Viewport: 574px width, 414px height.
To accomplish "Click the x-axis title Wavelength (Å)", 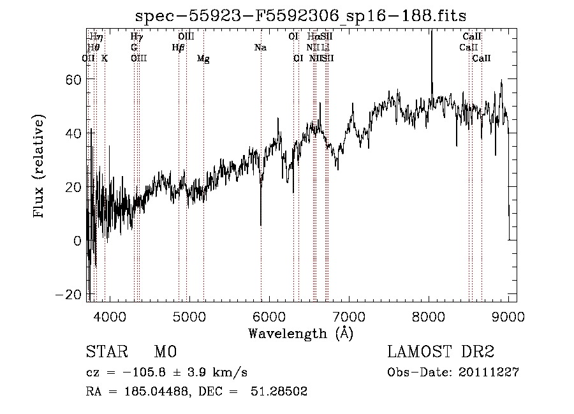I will coord(300,333).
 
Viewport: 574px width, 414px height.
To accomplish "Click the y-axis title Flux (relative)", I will coord(40,167).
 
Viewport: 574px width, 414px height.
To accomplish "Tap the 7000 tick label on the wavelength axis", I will coord(348,317).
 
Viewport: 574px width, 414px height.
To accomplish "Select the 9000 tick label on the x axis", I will coord(508,317).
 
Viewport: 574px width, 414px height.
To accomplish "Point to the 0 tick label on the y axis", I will coord(77,241).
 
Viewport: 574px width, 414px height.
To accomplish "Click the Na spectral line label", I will coord(260,48).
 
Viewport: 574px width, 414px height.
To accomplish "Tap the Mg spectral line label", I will coord(203,59).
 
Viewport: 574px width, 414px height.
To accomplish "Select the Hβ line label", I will coord(178,48).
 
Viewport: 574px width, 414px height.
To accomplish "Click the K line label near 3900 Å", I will coord(105,59).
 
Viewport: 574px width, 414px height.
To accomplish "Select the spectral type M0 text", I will coord(165,351).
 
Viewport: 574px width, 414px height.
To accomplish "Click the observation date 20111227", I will coord(489,373).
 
